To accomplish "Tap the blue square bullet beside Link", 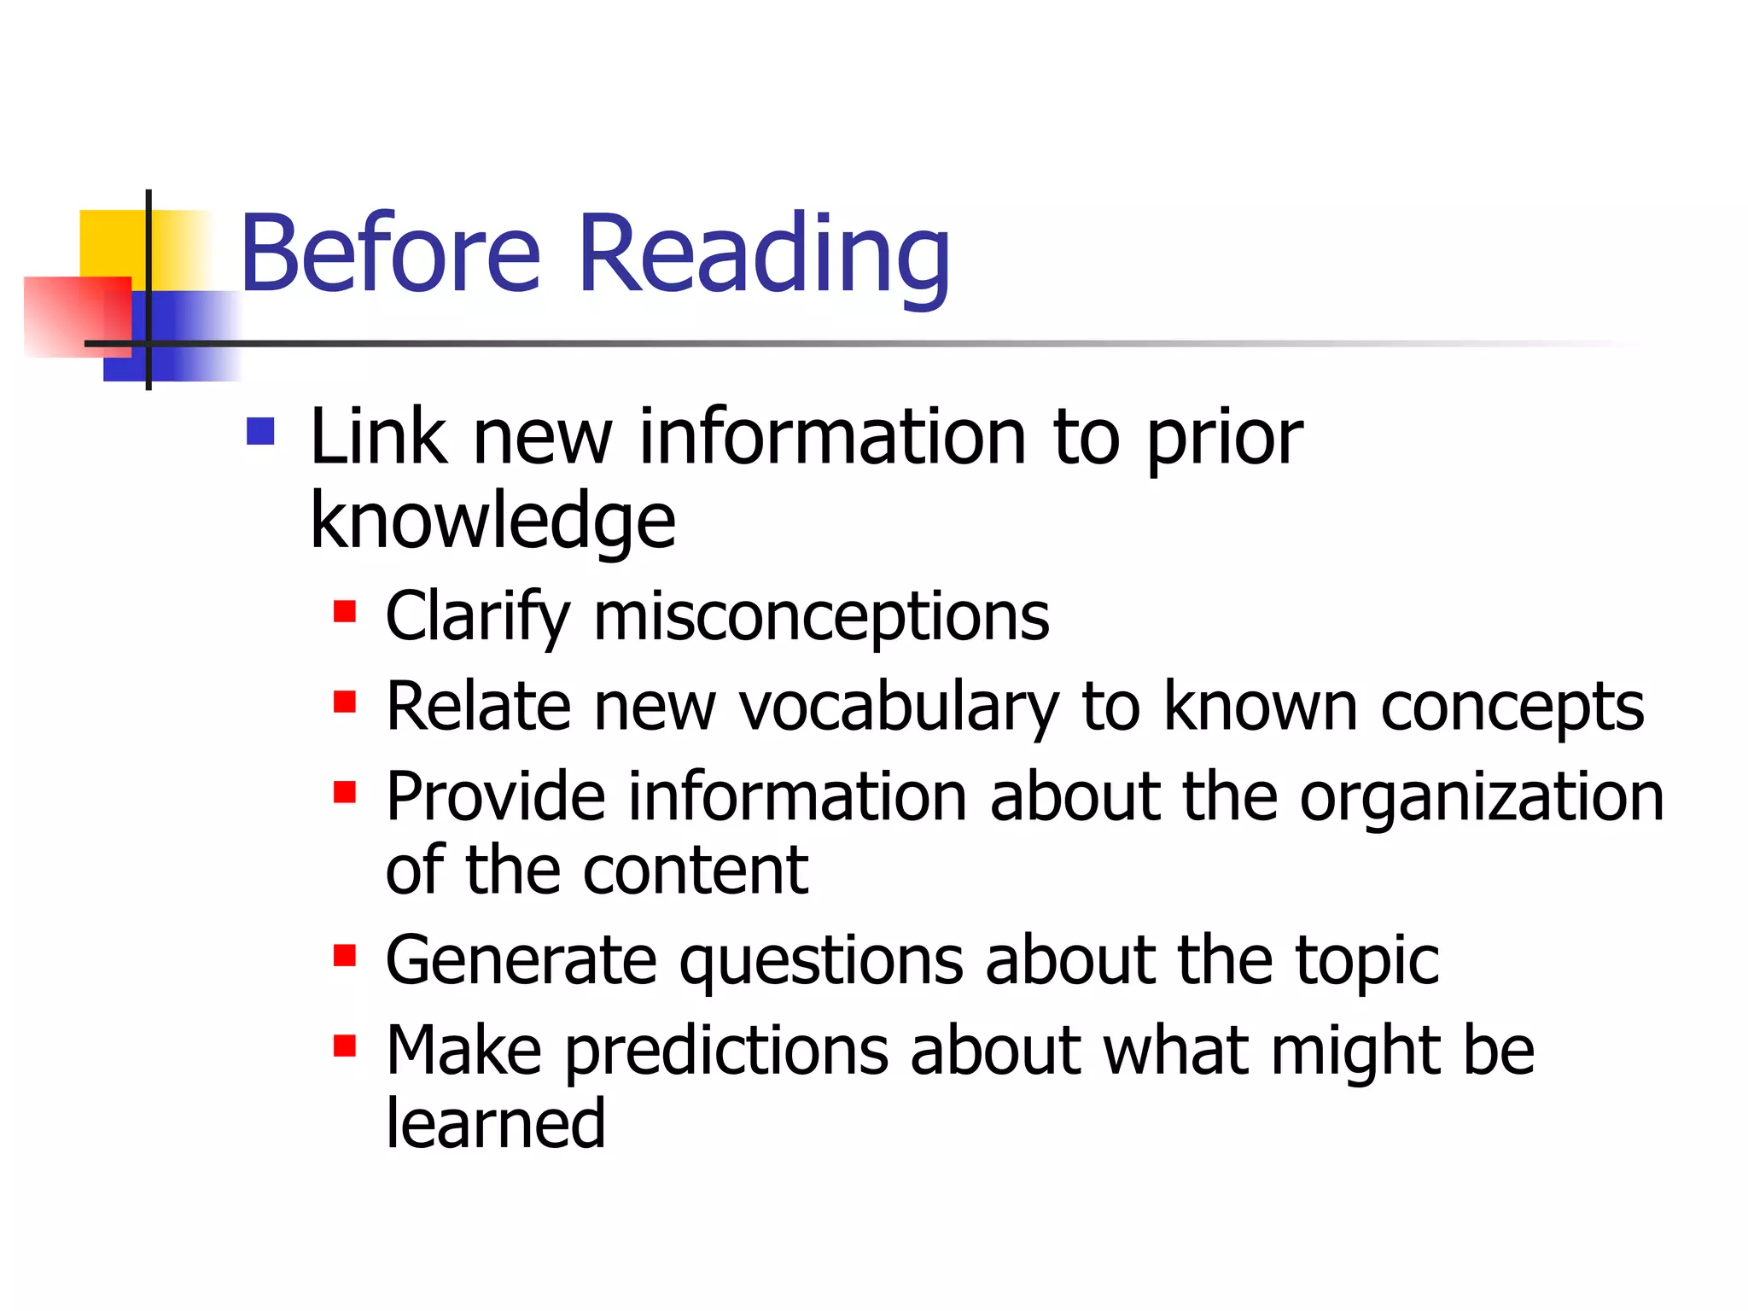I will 260,432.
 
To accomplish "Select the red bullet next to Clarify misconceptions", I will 345,612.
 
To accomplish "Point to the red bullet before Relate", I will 345,702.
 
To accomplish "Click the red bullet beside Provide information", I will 345,792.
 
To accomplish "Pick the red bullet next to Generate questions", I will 345,955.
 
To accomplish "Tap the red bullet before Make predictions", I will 345,1046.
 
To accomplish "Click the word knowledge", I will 492,521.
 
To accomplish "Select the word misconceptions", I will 821,616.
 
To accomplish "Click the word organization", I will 1482,797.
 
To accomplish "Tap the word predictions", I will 725,1051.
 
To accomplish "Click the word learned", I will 495,1123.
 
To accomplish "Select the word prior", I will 1224,439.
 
